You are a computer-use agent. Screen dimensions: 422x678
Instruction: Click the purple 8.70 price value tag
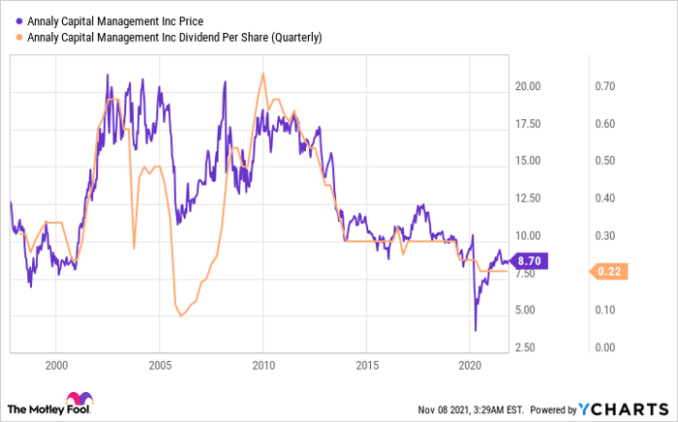(531, 261)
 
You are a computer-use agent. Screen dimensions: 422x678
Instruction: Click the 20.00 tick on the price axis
(528, 86)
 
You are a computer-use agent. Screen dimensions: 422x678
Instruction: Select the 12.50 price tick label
(528, 198)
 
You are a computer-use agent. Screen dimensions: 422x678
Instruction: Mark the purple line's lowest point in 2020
(476, 330)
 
